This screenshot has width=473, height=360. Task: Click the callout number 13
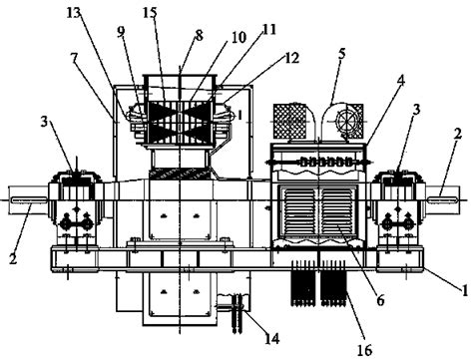point(74,12)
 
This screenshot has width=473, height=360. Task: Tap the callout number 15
point(151,13)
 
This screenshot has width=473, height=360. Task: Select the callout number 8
point(199,36)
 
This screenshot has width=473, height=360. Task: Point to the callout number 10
point(239,37)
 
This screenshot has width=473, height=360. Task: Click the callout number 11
point(269,29)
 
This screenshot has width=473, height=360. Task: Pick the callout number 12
point(292,58)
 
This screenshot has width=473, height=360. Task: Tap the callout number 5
point(342,55)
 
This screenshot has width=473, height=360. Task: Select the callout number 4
point(402,81)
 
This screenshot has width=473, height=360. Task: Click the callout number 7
point(74,58)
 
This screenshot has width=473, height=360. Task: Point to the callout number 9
point(121,31)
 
